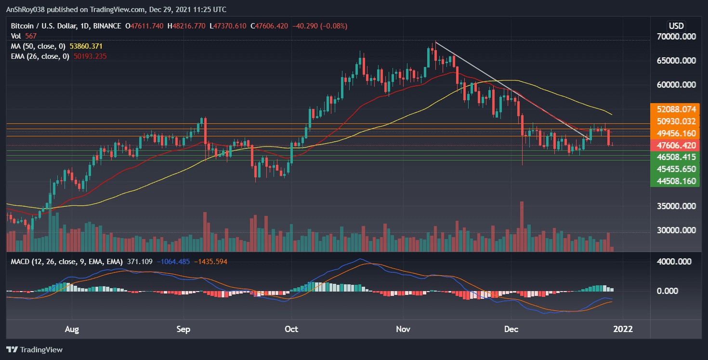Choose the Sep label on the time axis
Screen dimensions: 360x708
pos(184,330)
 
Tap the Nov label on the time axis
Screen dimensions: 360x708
pos(403,330)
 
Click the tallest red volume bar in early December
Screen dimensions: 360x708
pos(522,227)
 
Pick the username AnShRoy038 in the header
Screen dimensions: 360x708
pos(27,10)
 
